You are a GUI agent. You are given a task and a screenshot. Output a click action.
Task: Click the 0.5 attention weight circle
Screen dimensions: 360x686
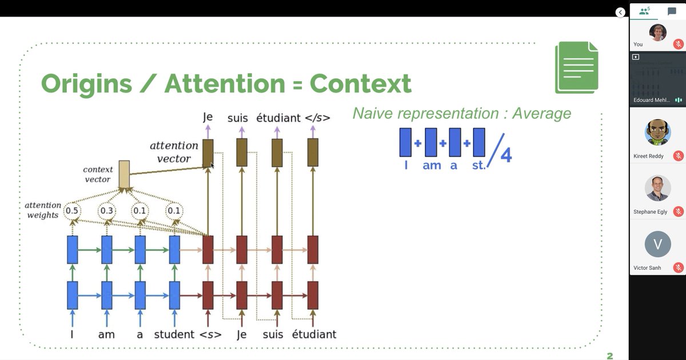tap(71, 211)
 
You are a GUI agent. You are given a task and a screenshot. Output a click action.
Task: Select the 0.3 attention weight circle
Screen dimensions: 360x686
tap(106, 211)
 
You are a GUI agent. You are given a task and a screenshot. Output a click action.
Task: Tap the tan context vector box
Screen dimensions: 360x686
tap(124, 174)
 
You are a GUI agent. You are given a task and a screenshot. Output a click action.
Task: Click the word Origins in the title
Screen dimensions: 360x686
tap(86, 83)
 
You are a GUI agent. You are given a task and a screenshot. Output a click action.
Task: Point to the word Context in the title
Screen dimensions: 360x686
tap(360, 83)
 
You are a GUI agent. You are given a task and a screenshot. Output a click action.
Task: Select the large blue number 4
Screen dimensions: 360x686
tap(505, 155)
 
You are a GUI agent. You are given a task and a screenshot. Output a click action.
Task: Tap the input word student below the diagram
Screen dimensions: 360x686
tap(174, 334)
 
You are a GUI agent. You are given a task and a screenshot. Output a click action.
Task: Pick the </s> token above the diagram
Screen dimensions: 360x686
tap(317, 118)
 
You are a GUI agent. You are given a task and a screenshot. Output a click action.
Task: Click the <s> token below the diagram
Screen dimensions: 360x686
tap(210, 334)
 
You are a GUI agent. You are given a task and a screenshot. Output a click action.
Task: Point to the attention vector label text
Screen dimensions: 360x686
tap(174, 152)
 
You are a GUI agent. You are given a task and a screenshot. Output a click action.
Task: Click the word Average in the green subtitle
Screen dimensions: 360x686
tap(541, 113)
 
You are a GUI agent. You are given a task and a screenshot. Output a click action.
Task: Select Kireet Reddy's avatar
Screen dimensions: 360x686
tap(657, 133)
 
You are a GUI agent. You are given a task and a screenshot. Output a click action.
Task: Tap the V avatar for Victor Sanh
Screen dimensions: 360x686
tap(657, 244)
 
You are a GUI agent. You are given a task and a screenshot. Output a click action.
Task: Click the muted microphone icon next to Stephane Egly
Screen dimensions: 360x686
tap(679, 211)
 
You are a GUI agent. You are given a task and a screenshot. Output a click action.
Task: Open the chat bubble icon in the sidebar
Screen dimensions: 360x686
tap(672, 11)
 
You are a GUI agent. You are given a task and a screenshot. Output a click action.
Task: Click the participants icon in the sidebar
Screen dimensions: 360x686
tap(645, 11)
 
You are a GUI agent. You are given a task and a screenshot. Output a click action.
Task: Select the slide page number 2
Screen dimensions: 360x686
tap(609, 355)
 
